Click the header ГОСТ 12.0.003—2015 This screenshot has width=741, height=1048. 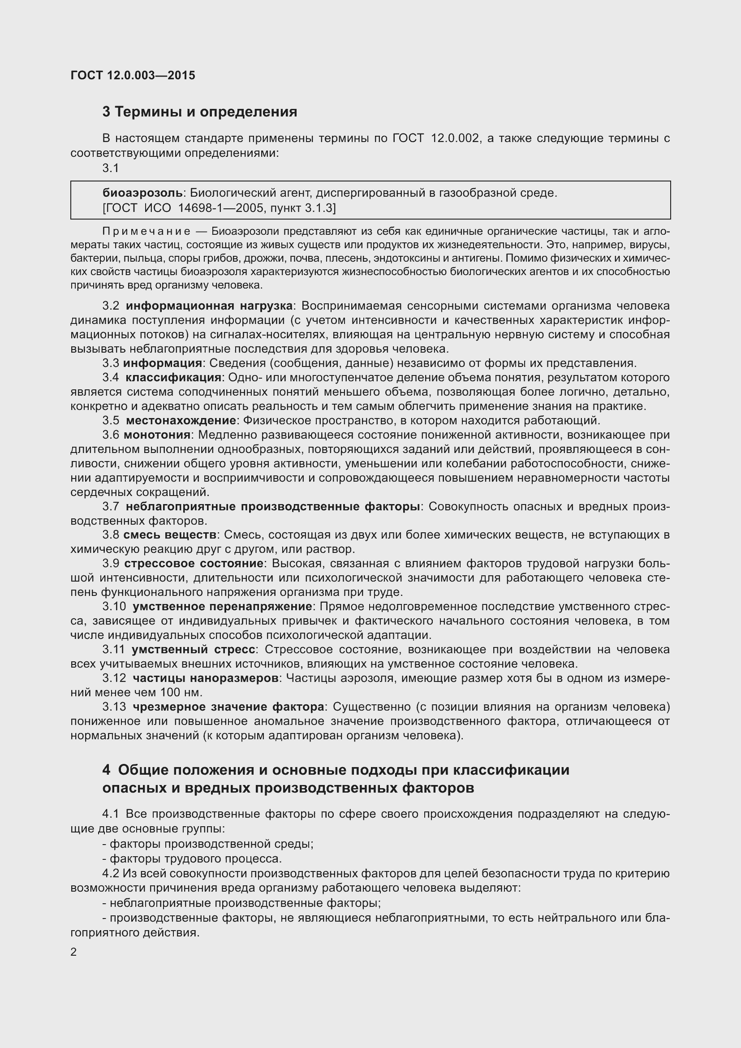point(133,75)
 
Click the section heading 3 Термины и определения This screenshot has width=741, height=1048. point(199,112)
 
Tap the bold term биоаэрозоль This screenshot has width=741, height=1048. point(142,193)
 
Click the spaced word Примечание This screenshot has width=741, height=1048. point(146,231)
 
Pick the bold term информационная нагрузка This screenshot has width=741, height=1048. point(209,306)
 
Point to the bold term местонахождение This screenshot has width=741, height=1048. point(181,420)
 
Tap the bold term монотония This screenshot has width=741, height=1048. point(157,435)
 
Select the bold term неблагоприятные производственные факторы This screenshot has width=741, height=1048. point(272,506)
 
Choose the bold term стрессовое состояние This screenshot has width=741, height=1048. point(194,563)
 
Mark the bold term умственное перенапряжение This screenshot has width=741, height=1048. point(222,606)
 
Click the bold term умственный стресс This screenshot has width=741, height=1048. point(194,649)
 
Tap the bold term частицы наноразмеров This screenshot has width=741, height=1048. point(205,678)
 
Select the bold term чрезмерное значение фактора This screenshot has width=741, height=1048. point(228,707)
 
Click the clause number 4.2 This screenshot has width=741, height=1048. point(110,874)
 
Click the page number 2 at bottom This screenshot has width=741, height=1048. point(73,952)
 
